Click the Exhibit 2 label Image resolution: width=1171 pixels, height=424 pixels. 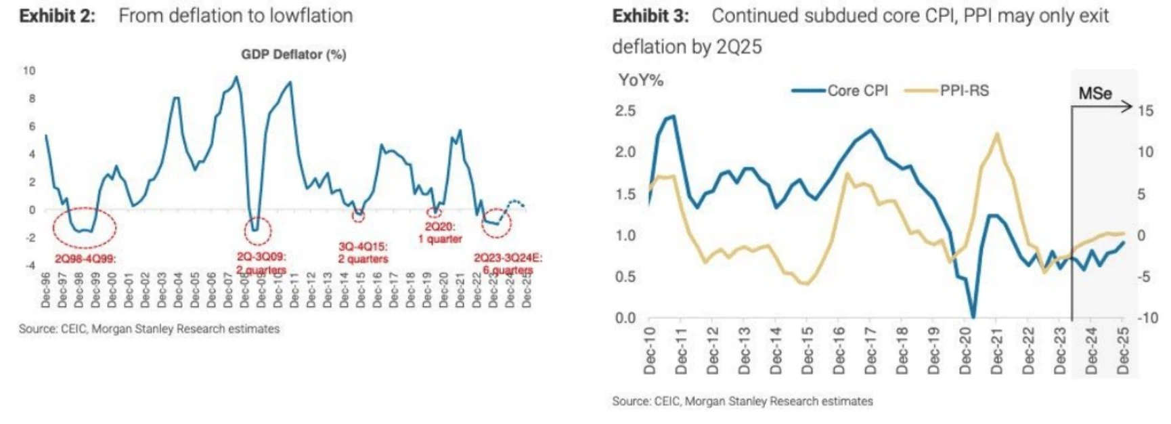point(57,16)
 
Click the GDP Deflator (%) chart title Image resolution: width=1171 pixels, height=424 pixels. point(294,55)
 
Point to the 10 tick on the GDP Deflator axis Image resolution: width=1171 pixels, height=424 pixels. point(29,70)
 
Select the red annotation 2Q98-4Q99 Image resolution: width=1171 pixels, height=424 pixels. point(85,258)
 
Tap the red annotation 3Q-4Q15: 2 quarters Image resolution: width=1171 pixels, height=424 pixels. point(363,253)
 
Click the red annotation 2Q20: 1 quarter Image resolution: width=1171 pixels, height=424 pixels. point(440,232)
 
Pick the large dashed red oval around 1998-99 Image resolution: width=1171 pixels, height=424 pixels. point(85,228)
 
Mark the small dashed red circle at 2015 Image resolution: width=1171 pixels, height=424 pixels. point(358,216)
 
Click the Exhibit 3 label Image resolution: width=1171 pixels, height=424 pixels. point(650,16)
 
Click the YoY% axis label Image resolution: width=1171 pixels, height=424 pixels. point(640,81)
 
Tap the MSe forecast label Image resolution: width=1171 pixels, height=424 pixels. point(1095,93)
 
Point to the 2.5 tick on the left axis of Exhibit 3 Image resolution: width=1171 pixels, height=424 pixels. point(625,110)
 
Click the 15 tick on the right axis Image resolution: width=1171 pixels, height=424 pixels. point(1145,110)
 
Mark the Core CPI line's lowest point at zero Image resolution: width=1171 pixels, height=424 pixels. point(973,316)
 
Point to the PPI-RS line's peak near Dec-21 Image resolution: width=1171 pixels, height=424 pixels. point(996,134)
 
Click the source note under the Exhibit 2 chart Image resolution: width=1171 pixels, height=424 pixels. point(149,329)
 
